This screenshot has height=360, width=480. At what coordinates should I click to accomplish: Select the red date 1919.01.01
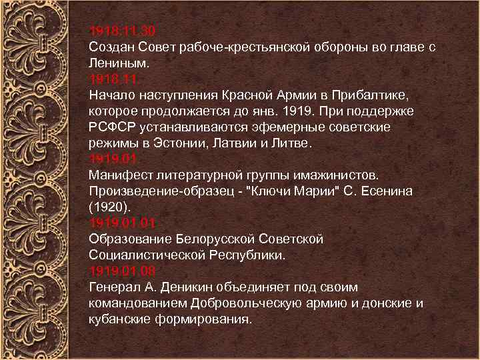122,223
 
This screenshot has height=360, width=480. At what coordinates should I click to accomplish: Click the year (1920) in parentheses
105,207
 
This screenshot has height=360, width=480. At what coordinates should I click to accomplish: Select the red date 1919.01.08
122,271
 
